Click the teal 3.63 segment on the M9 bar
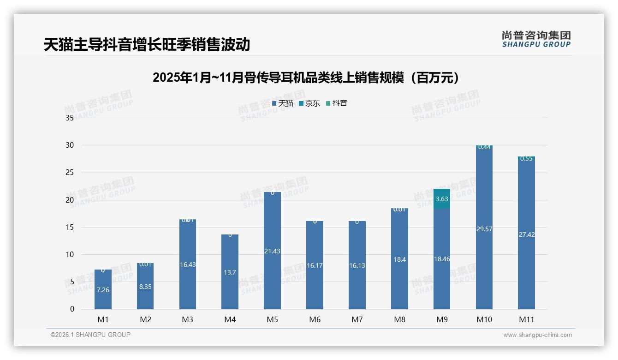[442, 199]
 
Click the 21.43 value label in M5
[272, 251]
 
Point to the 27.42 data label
[526, 234]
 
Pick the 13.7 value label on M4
[230, 272]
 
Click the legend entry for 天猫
[283, 103]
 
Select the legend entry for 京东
[309, 103]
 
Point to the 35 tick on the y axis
[70, 118]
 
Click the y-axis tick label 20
[70, 200]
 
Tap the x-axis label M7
[357, 319]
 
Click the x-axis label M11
[526, 319]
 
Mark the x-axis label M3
[187, 319]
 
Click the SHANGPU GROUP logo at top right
[536, 39]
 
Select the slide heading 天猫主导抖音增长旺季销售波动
[147, 44]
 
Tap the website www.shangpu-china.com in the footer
[537, 335]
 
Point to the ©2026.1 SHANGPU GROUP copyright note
[90, 335]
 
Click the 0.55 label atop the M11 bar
[526, 158]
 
